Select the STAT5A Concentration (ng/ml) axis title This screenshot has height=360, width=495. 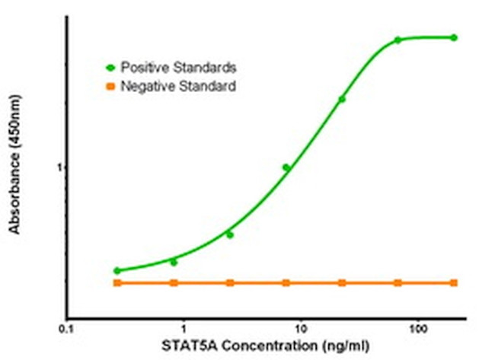264,346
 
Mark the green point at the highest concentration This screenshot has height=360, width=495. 454,37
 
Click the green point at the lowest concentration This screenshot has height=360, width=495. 117,270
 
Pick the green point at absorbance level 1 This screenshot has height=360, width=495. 286,167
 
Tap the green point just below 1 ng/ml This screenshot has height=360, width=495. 174,262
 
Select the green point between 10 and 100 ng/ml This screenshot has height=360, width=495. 342,99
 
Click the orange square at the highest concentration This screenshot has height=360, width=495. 454,282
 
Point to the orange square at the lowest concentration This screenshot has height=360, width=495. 117,282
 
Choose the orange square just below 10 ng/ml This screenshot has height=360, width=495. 286,282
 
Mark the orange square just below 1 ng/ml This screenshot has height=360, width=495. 174,282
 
